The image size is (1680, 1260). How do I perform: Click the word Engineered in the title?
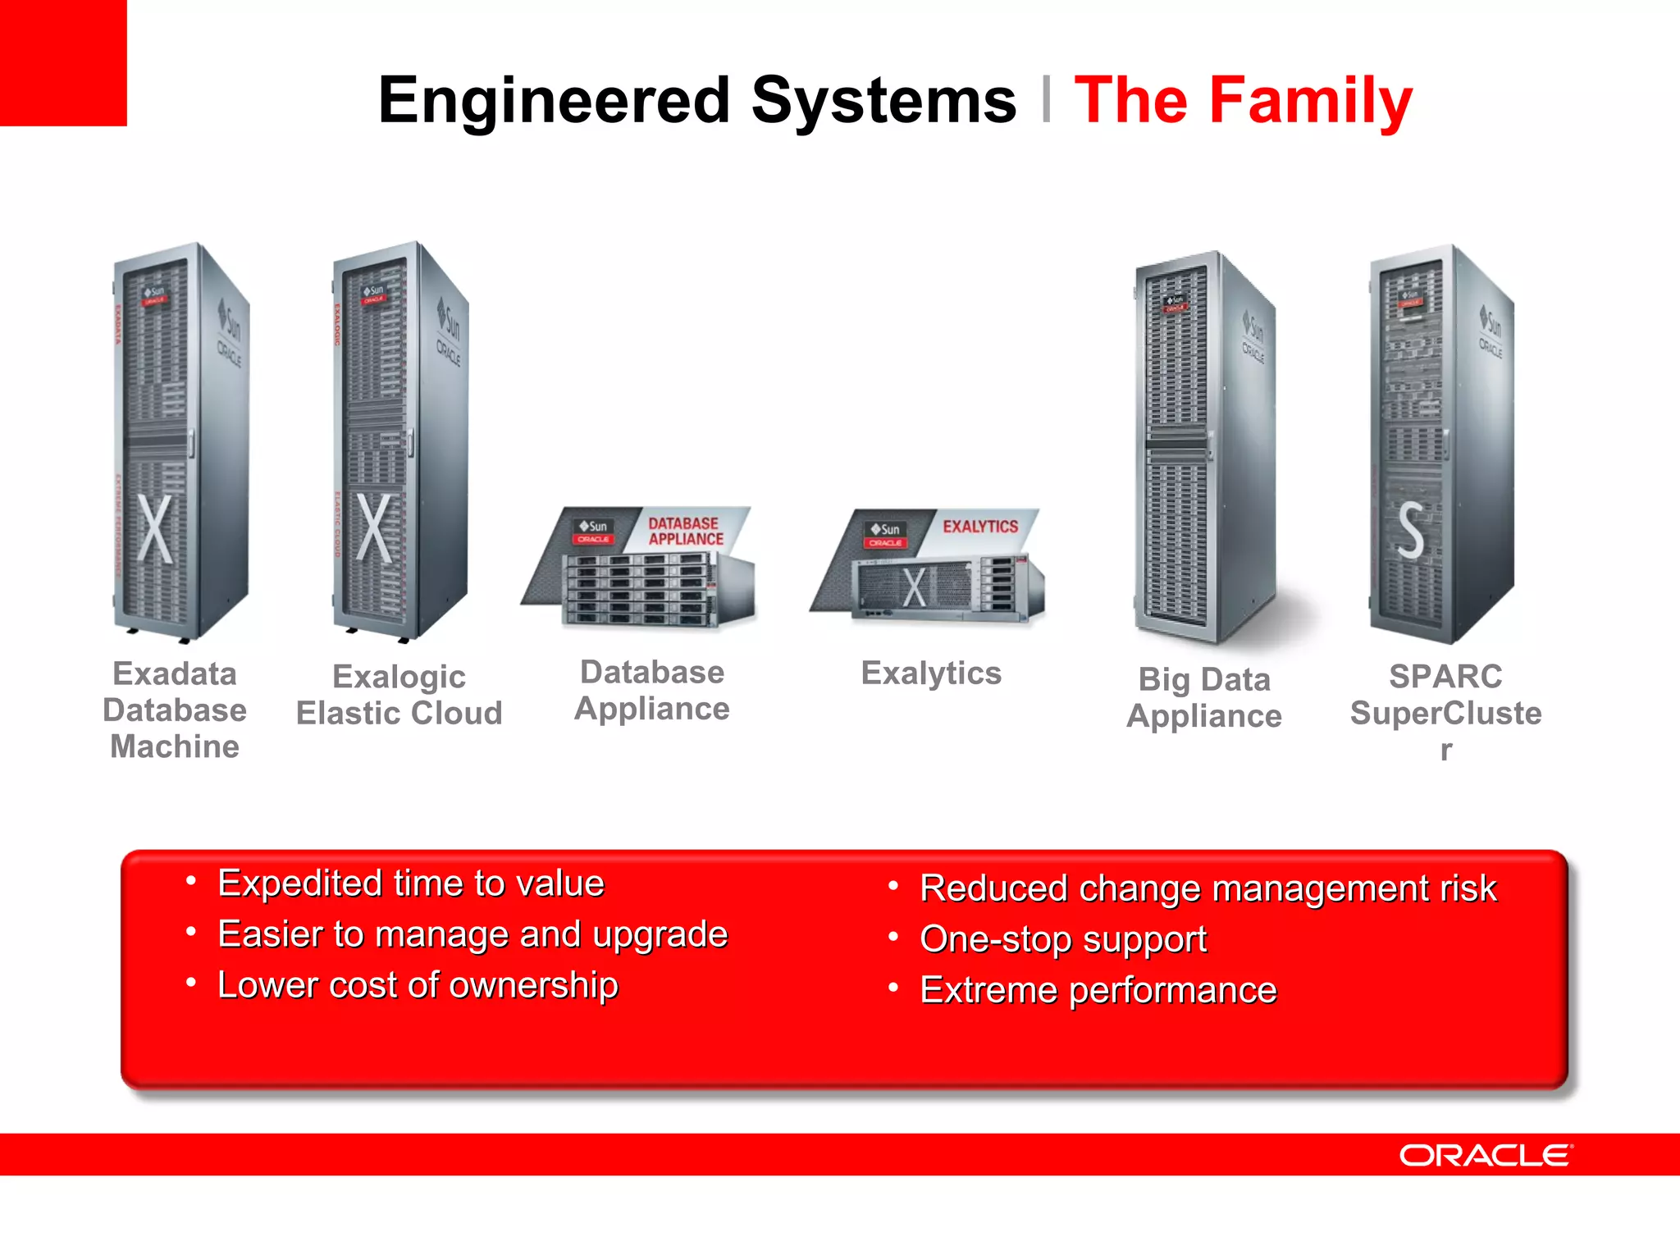[554, 100]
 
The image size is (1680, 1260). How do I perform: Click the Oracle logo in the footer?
[1486, 1156]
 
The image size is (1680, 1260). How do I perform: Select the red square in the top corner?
[63, 62]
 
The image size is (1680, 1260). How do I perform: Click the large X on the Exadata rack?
[155, 528]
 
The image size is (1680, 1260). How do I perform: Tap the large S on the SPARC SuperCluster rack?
[1411, 532]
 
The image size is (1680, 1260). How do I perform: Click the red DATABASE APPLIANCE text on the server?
[686, 531]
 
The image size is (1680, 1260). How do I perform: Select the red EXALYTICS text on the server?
[980, 527]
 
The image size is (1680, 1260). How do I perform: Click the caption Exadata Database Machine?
[175, 710]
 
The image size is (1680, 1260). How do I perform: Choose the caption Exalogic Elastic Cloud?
[399, 695]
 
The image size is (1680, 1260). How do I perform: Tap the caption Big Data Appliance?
[1203, 697]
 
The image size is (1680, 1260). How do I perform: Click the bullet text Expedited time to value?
[411, 883]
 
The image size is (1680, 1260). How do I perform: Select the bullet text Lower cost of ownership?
[418, 985]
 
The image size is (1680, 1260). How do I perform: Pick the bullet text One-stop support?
[1063, 939]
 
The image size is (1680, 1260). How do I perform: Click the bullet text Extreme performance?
[1098, 990]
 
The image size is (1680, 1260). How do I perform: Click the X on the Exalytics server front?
[915, 587]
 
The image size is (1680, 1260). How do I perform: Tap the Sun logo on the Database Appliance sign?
[593, 526]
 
